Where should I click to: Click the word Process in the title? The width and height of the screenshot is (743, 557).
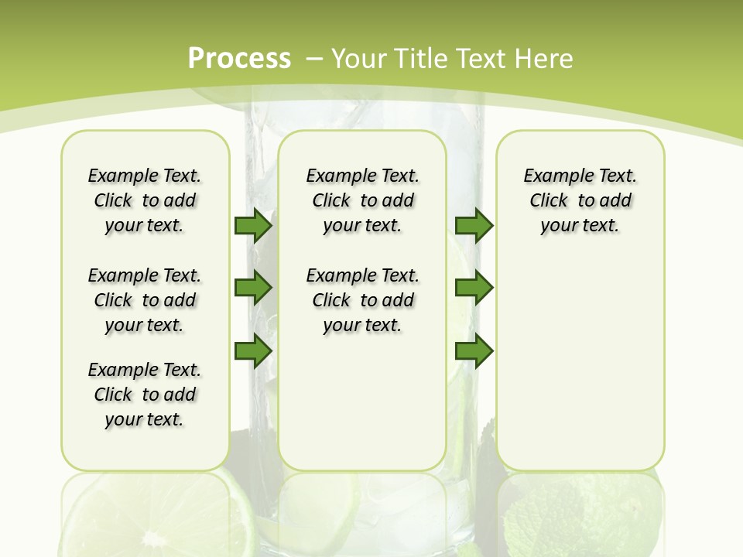coord(240,59)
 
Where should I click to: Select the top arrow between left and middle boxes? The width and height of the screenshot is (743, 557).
coord(253,225)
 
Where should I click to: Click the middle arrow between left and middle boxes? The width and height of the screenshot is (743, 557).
coord(253,288)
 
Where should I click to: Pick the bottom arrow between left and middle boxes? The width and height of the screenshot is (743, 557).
coord(253,351)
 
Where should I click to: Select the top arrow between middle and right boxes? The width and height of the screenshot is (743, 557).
coord(474,225)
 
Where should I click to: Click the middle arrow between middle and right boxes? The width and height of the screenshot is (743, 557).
coord(474,288)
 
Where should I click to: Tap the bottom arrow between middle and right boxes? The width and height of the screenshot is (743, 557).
coord(474,351)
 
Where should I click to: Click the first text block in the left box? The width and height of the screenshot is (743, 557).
coord(145,201)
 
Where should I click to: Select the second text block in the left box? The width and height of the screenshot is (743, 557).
coord(145,300)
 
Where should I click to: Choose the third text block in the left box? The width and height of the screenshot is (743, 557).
coord(145,395)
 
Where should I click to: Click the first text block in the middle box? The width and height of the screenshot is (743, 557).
coord(363,201)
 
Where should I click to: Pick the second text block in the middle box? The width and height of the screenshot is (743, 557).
coord(363,300)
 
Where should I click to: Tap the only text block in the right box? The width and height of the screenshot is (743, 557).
coord(580,201)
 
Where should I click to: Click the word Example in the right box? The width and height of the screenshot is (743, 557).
coord(554,176)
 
